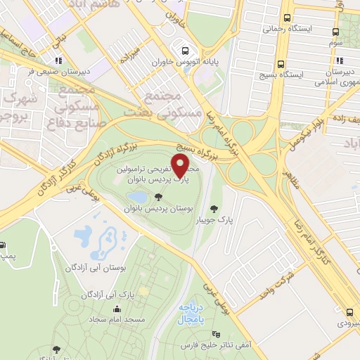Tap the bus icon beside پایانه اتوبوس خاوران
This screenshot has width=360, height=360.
(x=185, y=51)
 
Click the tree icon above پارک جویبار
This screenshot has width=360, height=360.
(x=214, y=208)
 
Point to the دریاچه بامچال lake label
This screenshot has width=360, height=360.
(x=192, y=314)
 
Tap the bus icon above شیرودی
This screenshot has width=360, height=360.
(x=350, y=311)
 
